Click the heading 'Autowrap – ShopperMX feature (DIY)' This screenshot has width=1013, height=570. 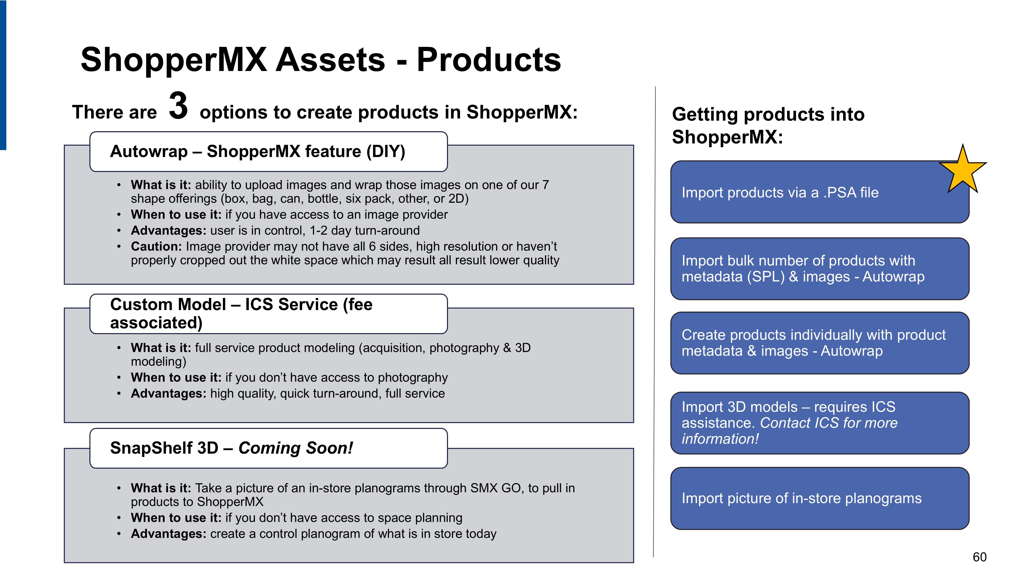258,151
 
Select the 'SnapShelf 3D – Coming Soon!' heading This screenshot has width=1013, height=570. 232,448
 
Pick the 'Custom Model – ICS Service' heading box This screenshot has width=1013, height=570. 269,314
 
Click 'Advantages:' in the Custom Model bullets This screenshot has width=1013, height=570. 169,393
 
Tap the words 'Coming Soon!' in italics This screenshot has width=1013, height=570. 296,448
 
